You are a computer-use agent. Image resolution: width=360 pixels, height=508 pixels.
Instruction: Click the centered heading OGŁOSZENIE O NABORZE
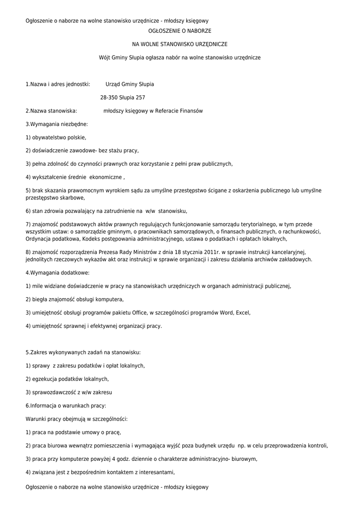179,31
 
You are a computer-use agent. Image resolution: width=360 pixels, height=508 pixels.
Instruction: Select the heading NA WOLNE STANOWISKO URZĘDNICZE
179,45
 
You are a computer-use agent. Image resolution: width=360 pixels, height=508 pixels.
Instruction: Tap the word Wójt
105,58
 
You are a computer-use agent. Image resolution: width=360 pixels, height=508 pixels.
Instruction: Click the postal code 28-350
109,98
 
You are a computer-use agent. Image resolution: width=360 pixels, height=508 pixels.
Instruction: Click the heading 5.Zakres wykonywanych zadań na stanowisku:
83,352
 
